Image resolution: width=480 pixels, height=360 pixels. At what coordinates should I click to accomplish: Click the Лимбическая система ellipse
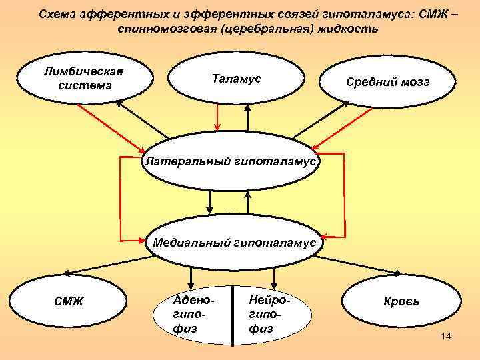[x=84, y=78]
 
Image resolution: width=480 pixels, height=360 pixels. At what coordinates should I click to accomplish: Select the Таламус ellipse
[x=237, y=79]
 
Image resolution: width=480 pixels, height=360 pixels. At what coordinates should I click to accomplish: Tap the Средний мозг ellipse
[x=387, y=83]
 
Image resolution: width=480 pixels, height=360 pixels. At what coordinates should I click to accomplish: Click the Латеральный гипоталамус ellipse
[x=233, y=162]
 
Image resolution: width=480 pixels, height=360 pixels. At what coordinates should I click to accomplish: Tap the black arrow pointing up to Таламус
[x=247, y=117]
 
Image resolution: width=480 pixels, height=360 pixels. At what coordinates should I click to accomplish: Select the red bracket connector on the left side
[x=121, y=197]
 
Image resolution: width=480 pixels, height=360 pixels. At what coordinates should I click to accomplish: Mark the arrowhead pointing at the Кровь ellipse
[x=399, y=273]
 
